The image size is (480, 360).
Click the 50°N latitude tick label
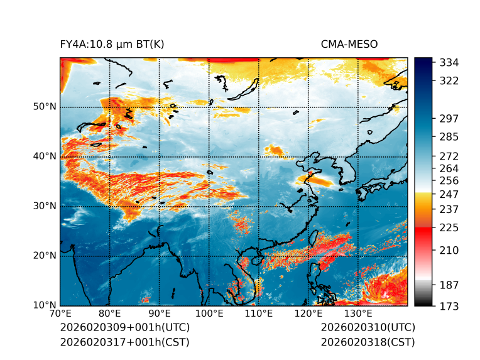tap(45, 107)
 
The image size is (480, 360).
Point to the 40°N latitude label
tap(45, 156)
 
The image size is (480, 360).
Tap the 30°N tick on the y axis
tap(45, 206)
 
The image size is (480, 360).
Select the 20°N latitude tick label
tap(45, 256)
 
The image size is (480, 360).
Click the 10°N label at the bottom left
tap(45, 305)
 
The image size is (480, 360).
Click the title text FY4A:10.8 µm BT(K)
tap(112, 44)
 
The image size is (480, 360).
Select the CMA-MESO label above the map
tap(349, 44)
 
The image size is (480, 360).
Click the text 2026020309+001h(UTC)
tap(124, 327)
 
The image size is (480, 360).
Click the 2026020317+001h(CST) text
tap(124, 342)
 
